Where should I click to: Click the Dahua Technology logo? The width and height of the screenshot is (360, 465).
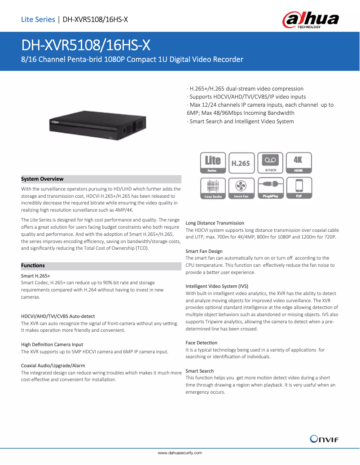tap(310, 20)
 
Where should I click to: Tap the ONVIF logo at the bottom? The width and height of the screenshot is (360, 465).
tap(324, 439)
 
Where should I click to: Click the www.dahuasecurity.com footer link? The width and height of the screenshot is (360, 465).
tap(180, 453)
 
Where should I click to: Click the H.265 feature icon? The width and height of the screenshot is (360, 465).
tap(241, 163)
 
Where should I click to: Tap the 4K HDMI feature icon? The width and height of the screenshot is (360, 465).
tap(298, 163)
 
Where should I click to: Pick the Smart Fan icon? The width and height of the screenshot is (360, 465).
tap(241, 188)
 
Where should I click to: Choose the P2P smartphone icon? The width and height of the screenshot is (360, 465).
tap(298, 188)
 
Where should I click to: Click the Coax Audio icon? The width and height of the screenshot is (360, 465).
tap(213, 188)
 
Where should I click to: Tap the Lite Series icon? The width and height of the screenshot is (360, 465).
tap(213, 163)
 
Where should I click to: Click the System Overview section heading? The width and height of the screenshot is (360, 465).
tap(43, 179)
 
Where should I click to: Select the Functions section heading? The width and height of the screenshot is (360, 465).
tap(33, 265)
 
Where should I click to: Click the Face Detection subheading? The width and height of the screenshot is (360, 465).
tap(202, 343)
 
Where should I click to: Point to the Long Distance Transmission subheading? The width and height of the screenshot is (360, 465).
tap(215, 223)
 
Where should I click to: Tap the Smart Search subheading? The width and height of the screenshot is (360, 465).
tap(200, 371)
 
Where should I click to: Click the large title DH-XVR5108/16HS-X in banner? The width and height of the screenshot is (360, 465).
tap(86, 45)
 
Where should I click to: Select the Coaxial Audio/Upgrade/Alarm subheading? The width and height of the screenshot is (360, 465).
tap(53, 365)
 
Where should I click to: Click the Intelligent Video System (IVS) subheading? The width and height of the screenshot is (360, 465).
tap(217, 286)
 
